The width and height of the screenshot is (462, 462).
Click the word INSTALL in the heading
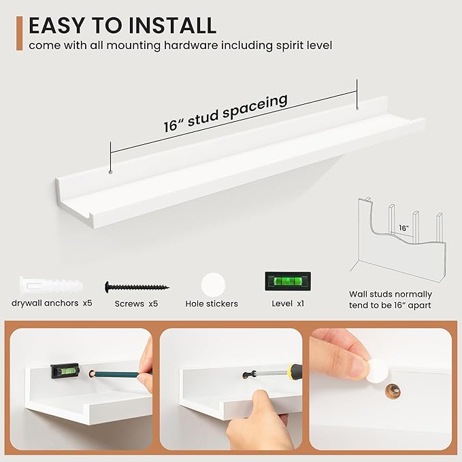point(172,25)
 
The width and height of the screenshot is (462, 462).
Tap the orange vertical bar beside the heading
point(20,33)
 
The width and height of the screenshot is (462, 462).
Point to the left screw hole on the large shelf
point(110,171)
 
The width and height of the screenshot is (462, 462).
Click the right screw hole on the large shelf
point(357,108)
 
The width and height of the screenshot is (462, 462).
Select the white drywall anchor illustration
point(51,285)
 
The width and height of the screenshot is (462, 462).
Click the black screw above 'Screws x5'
point(137,286)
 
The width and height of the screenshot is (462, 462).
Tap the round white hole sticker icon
point(213,285)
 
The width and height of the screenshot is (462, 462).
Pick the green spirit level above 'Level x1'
point(288,281)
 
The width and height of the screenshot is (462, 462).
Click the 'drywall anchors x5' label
point(52,303)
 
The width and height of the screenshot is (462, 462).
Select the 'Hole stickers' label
point(212,303)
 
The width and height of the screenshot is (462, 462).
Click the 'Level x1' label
point(288,303)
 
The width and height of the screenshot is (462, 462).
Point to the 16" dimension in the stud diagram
point(403,228)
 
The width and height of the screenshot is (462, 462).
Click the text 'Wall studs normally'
point(391,294)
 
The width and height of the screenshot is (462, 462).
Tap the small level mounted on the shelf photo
point(65,371)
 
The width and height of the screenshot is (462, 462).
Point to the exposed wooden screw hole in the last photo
point(393,391)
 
